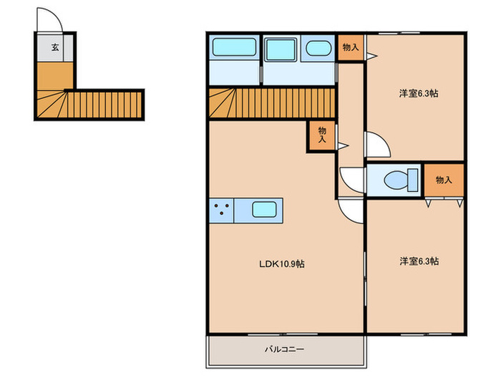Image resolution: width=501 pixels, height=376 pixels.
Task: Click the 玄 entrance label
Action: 55,48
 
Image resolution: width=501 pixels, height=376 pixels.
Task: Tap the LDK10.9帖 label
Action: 281,264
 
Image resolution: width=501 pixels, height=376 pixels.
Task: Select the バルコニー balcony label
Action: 284,349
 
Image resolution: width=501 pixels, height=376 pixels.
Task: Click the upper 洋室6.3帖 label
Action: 419,93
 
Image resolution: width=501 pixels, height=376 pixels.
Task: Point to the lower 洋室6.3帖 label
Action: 419,261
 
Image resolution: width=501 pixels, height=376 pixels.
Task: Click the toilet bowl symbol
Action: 397,180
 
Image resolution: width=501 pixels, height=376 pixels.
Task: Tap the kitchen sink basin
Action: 264,210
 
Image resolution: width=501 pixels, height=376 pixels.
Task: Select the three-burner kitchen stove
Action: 221,211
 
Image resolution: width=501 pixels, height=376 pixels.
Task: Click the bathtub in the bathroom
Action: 281,49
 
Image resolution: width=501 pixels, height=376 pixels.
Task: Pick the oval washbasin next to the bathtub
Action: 318,49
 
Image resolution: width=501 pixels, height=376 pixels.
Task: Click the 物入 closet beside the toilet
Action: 444,180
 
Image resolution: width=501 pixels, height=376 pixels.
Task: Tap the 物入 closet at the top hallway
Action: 351,47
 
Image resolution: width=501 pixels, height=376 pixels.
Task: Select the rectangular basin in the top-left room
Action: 235,47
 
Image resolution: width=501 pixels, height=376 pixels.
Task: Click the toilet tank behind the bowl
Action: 413,180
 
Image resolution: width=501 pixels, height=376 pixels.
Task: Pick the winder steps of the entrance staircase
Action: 51,104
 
